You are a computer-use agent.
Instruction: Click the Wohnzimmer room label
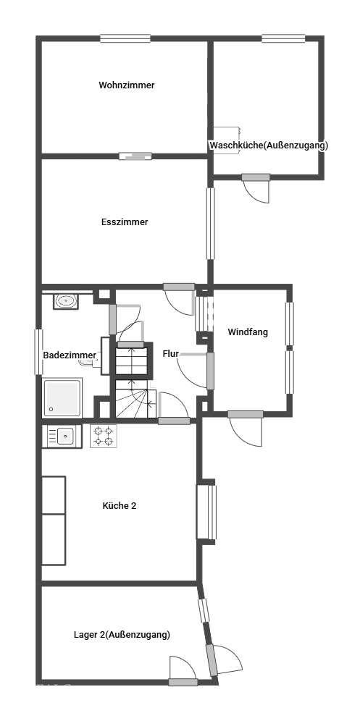point(127,85)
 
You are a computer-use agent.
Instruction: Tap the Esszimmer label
point(125,222)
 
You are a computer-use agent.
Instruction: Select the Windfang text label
point(248,332)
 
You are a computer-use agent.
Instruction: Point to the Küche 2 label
point(120,506)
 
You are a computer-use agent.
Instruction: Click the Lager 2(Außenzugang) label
point(122,635)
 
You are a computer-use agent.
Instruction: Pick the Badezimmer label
point(70,355)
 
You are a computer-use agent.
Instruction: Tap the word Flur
point(170,353)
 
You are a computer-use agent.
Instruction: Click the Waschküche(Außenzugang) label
point(269,146)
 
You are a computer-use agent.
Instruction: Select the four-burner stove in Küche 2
point(103,436)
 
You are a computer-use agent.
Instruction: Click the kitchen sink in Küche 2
point(62,436)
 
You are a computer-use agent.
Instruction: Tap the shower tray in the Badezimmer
point(62,397)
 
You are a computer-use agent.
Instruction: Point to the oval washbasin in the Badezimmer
point(66,301)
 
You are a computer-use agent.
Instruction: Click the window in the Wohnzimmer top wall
point(126,38)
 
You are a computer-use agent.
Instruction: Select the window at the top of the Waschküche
point(283,38)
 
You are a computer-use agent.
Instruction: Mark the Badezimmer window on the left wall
point(38,351)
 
